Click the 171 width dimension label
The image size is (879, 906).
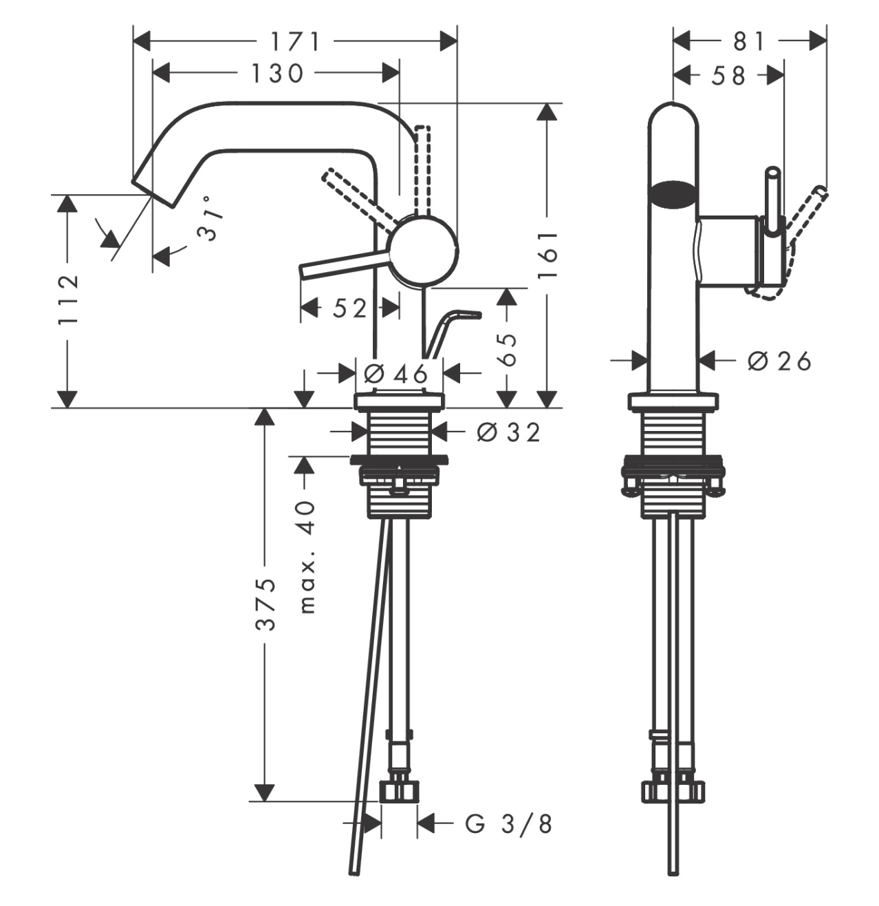(x=294, y=42)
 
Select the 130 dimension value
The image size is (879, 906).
(x=276, y=73)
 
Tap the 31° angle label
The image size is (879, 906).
(x=211, y=218)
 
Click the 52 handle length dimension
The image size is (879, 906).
(x=349, y=308)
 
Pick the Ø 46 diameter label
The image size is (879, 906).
(x=396, y=374)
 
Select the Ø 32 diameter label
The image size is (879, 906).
(x=509, y=432)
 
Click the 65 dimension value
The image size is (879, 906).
(x=506, y=350)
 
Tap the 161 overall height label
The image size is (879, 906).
(x=547, y=255)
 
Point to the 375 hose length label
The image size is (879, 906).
(x=265, y=604)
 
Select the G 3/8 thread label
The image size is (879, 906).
(x=509, y=823)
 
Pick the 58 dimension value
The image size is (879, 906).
(x=728, y=75)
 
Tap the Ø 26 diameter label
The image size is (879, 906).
(x=779, y=360)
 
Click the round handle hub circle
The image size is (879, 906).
(x=423, y=249)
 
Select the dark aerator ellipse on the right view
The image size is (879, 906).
(x=674, y=194)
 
